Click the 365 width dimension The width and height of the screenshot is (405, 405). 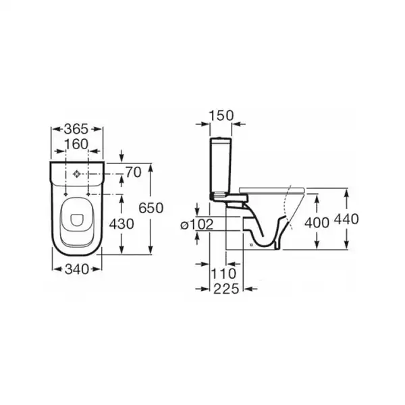pyautogui.click(x=76, y=129)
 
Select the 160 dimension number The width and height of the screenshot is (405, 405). pyautogui.click(x=76, y=144)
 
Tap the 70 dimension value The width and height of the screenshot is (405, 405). pyautogui.click(x=134, y=172)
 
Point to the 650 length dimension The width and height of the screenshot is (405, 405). pyautogui.click(x=151, y=208)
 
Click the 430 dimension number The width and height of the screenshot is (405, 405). pyautogui.click(x=122, y=224)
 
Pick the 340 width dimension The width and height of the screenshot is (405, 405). pyautogui.click(x=77, y=269)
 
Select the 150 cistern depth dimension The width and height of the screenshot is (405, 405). pyautogui.click(x=221, y=115)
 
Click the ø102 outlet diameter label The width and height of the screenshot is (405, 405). pyautogui.click(x=197, y=224)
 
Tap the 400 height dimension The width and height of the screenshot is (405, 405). pyautogui.click(x=317, y=223)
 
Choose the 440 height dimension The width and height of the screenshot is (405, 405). pyautogui.click(x=346, y=219)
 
